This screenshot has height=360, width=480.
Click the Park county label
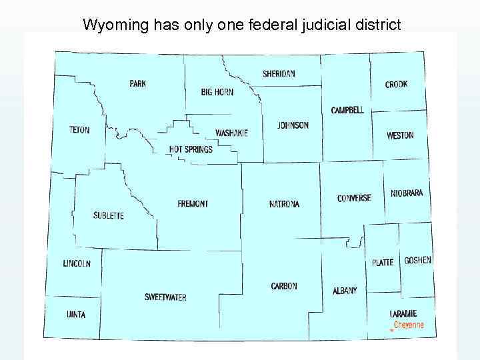coord(138,84)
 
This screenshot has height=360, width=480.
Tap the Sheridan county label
coord(279,74)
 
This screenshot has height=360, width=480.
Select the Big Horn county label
coord(217,92)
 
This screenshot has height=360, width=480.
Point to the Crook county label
coord(396,85)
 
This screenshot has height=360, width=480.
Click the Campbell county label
coord(347,110)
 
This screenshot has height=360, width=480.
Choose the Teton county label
coord(79,130)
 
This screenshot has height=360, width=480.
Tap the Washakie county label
coord(231,133)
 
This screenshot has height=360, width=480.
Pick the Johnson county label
coord(293,125)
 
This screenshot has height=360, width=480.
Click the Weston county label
coord(400,135)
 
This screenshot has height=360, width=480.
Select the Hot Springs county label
coord(191,149)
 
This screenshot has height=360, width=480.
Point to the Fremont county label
coord(193,204)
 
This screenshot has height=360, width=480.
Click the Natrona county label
coord(285,204)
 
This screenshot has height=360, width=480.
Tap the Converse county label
coord(354,198)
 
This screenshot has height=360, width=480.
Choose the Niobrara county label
coord(407,193)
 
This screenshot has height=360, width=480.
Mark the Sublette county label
coord(109,216)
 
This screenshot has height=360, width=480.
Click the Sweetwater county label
coord(165,297)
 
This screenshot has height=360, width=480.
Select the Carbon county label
coord(284,286)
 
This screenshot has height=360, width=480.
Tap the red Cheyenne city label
coord(409,325)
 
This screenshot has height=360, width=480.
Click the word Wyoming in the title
coord(108,25)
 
